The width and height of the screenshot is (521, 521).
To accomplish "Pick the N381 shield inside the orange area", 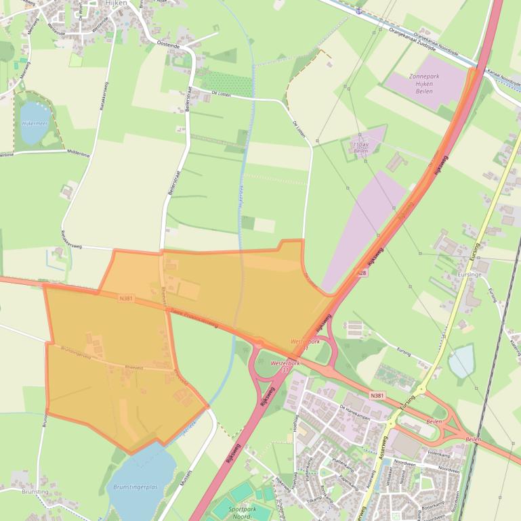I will point(125,298).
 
